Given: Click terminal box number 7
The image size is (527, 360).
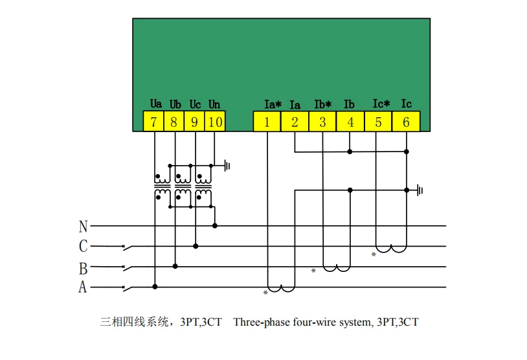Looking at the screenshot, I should click(x=153, y=122).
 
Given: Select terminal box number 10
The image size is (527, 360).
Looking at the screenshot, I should click(x=215, y=122).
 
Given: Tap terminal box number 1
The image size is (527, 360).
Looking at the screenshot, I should click(x=267, y=122).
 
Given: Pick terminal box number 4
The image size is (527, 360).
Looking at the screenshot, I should click(x=350, y=122).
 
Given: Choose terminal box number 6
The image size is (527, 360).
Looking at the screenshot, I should click(x=406, y=122).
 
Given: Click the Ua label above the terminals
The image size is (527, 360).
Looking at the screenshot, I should click(x=155, y=104).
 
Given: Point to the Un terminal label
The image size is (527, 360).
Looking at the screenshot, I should click(x=214, y=104).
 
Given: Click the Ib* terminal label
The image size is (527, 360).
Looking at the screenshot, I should click(x=322, y=104).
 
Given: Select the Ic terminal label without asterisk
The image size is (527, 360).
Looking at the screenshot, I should click(x=406, y=104).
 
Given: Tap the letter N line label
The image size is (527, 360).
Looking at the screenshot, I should click(x=83, y=227).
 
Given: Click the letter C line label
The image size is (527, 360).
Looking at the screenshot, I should click(x=83, y=247).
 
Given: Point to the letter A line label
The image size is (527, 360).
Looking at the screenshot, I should click(x=83, y=287).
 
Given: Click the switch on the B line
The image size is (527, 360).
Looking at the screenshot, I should click(x=128, y=266).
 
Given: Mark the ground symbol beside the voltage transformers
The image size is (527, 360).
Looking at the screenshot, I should click(x=227, y=166).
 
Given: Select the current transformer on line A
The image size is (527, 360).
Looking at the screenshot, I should click(x=282, y=289).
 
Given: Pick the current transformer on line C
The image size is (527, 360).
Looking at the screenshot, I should click(x=392, y=249).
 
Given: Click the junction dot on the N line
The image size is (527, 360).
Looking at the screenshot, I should click(x=215, y=226).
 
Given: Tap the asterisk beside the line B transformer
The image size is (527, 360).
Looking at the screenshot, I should click(x=313, y=271).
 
